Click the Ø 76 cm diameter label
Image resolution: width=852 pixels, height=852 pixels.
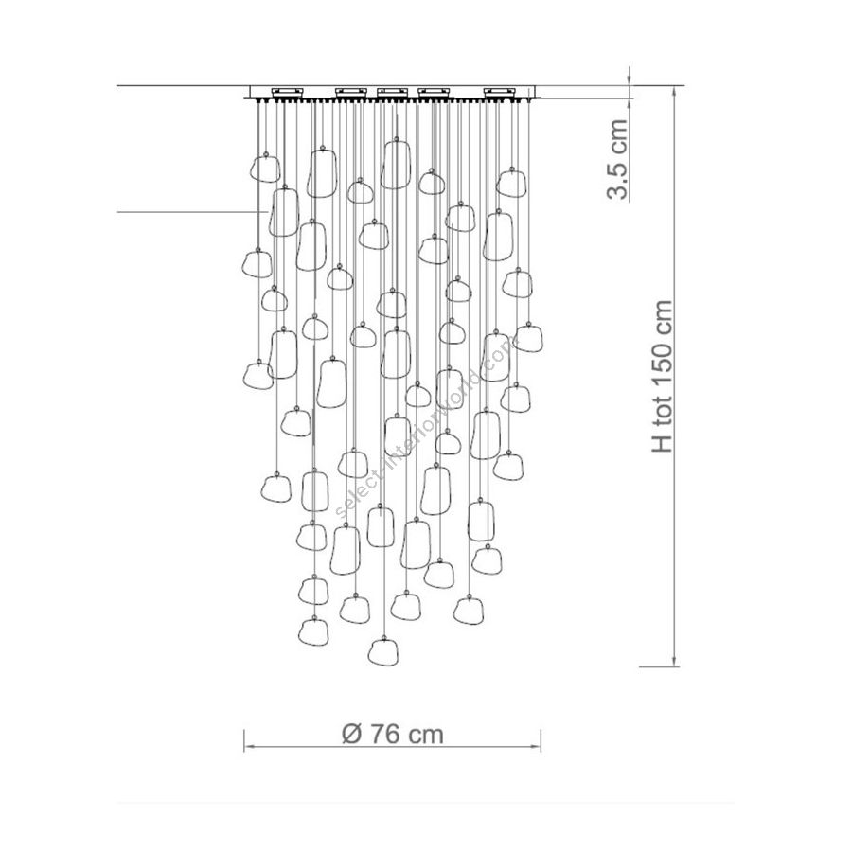click(x=392, y=735)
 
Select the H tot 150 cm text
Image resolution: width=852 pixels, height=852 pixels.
click(x=663, y=377)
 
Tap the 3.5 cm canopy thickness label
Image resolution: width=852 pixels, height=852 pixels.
click(x=616, y=159)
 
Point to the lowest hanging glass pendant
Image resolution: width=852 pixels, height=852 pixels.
click(x=382, y=650)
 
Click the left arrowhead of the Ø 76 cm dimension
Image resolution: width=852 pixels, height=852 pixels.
click(x=247, y=748)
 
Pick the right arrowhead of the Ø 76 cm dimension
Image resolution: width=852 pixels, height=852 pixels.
click(x=538, y=748)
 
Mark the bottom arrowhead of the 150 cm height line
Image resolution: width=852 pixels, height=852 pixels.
click(x=674, y=662)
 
